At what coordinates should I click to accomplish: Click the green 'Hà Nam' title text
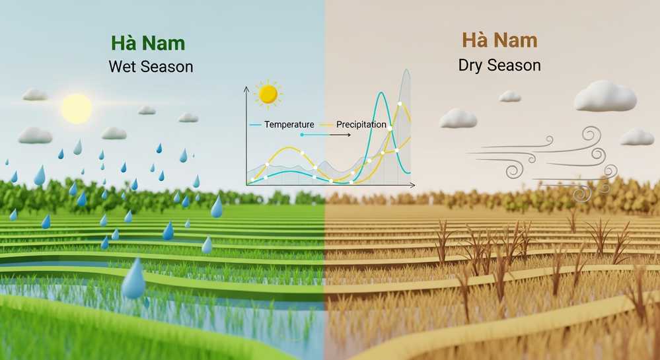[x=147, y=44]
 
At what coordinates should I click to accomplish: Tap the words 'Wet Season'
[x=151, y=67]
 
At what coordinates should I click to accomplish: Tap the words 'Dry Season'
[x=499, y=65]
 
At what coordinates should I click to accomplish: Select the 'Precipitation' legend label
[x=361, y=124]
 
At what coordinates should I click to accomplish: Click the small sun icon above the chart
[x=268, y=94]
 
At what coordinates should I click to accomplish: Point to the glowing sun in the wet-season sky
[x=76, y=108]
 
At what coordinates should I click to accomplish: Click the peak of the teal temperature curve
[x=381, y=93]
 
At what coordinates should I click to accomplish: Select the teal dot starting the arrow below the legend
[x=302, y=134]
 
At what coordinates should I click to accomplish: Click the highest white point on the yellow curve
[x=400, y=104]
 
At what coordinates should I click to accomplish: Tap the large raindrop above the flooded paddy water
[x=133, y=279]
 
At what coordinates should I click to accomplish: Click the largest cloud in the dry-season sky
[x=605, y=96]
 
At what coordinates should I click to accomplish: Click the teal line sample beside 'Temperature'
[x=256, y=124]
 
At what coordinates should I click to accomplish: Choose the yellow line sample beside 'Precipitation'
[x=328, y=124]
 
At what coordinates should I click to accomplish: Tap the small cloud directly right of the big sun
[x=114, y=133]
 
